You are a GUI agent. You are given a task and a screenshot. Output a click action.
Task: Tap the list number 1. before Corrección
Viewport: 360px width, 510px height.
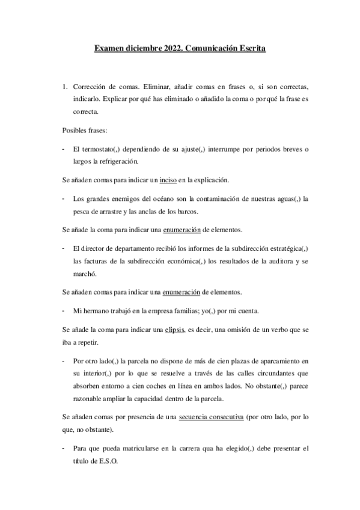coord(66,87)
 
